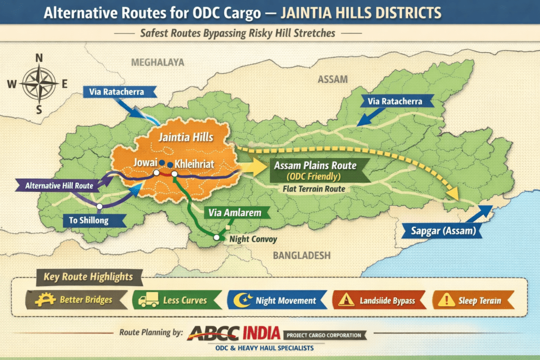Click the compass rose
coord(40,83)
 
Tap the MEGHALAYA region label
coord(158,62)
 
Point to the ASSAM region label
coord(333,80)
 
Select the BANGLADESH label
coord(302,256)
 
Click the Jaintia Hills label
coord(186,138)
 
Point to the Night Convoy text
coord(253,238)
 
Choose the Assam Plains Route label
coord(315,165)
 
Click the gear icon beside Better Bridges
coord(45,300)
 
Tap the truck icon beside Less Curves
coord(148,301)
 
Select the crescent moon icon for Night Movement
coord(244,300)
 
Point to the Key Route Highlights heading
coord(85,276)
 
